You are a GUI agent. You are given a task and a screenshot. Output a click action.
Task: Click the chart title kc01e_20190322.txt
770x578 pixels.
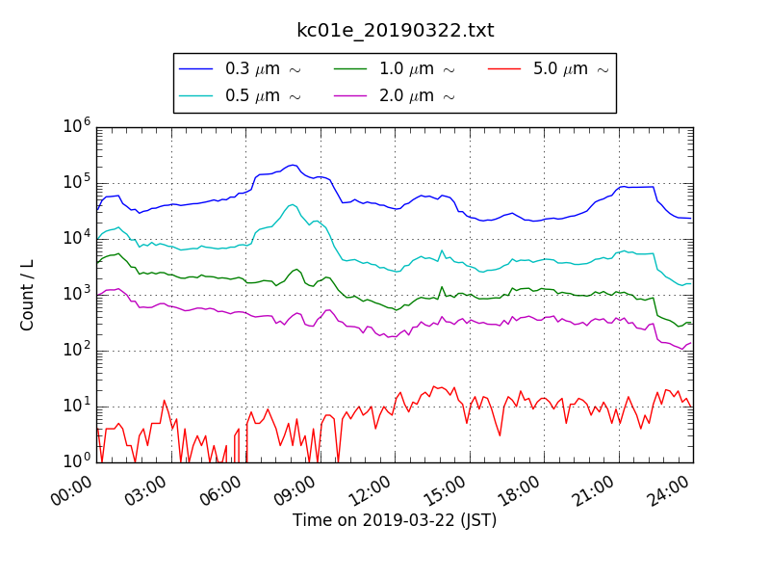coord(395,30)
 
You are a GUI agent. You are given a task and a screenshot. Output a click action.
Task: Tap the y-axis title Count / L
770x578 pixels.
coord(28,295)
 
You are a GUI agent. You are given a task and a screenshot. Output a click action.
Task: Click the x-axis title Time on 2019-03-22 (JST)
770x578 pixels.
coord(395,520)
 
